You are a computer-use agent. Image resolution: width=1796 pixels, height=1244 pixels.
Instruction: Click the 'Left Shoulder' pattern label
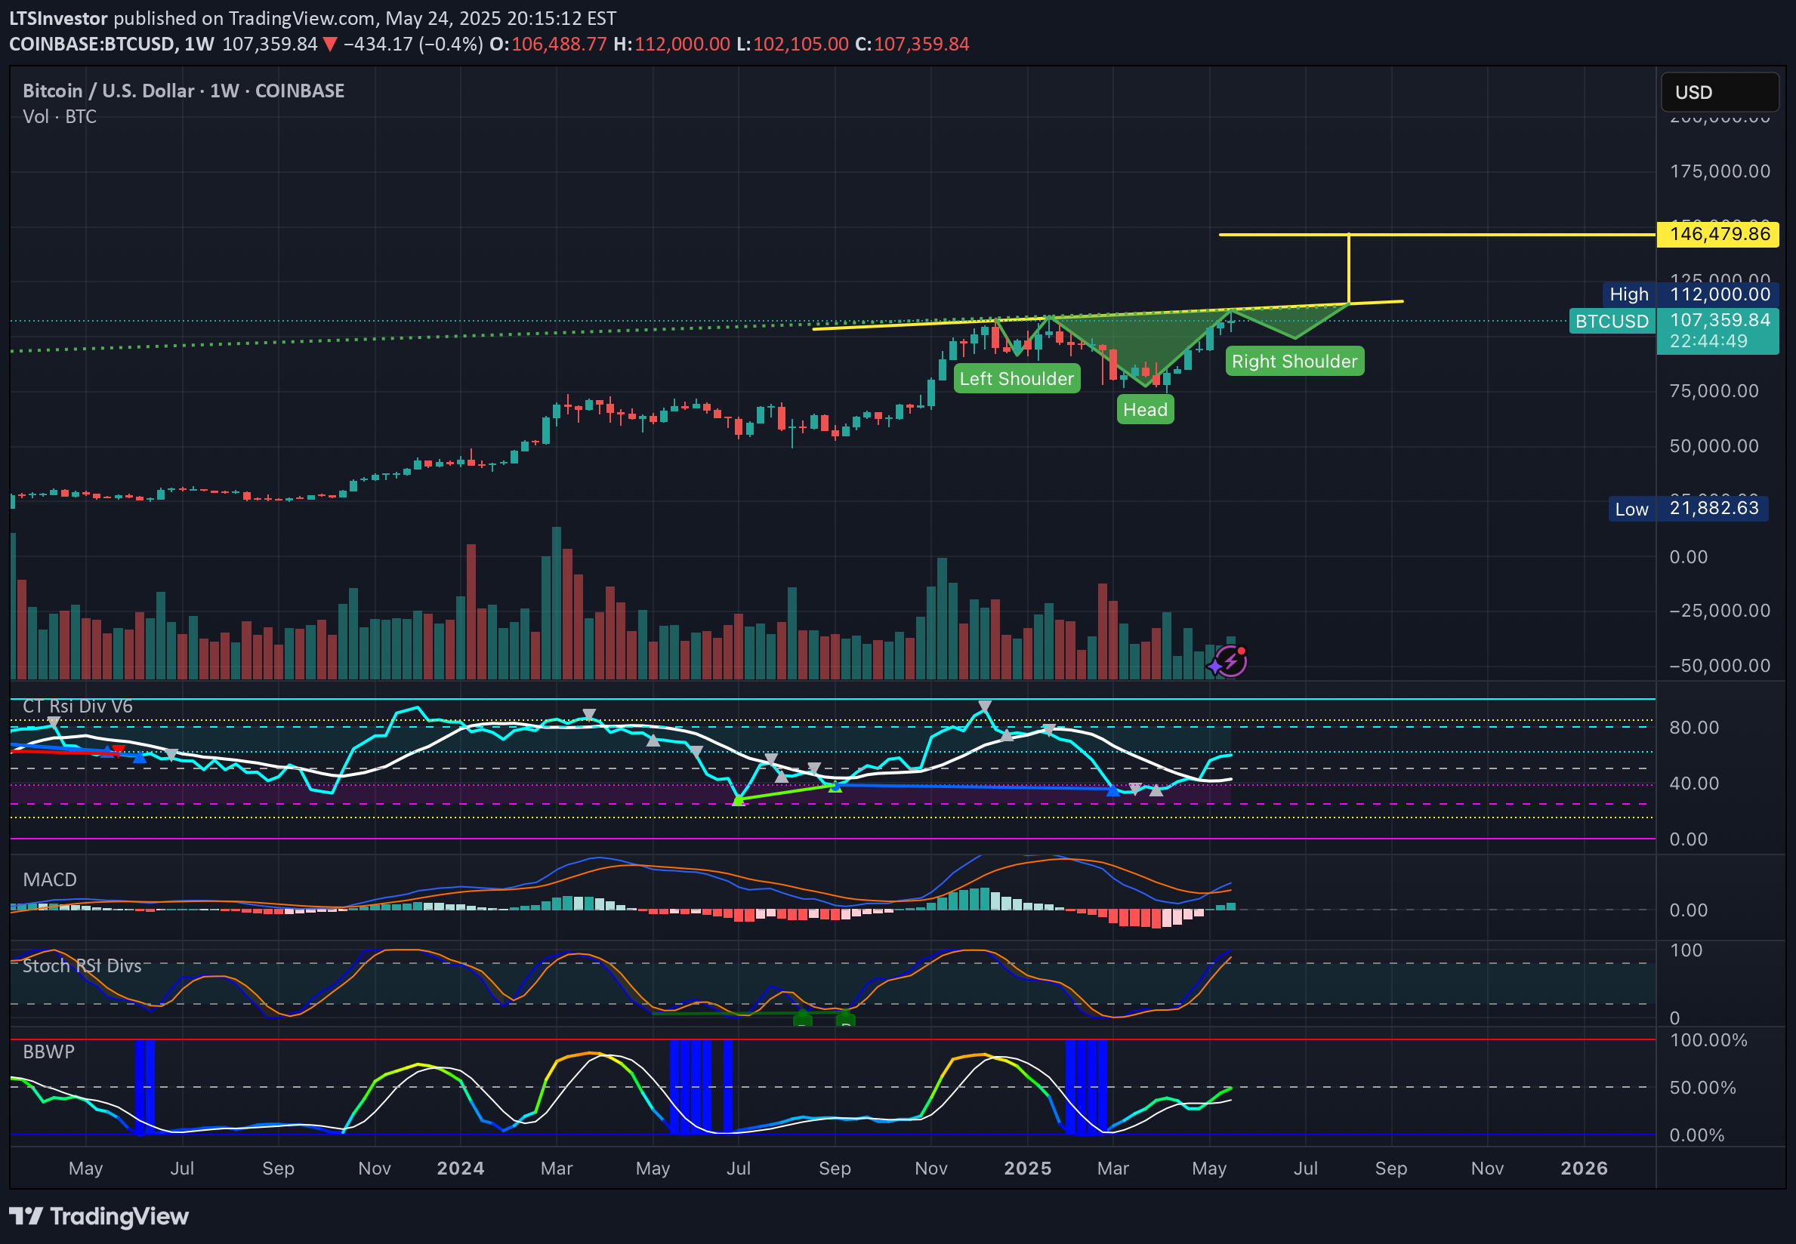point(1016,379)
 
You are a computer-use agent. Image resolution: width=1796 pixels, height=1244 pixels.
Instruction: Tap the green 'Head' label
point(1145,410)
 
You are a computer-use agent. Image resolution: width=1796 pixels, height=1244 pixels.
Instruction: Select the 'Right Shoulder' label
point(1294,362)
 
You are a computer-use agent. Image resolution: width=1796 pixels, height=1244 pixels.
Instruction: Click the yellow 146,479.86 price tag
point(1718,234)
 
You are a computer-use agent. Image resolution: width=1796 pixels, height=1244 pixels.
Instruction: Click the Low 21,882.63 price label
point(1690,508)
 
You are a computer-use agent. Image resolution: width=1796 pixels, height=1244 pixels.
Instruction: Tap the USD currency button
point(1719,93)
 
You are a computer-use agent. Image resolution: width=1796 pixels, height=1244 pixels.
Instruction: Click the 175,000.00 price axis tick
point(1720,171)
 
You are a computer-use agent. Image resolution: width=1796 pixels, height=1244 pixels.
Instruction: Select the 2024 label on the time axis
point(460,1168)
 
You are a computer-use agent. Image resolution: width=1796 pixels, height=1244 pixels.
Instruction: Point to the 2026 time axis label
point(1583,1168)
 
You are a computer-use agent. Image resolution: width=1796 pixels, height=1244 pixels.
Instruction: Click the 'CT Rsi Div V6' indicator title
point(78,707)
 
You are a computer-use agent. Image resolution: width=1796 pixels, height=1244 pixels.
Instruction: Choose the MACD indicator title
point(50,879)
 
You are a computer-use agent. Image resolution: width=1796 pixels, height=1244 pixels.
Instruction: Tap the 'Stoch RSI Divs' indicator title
point(82,965)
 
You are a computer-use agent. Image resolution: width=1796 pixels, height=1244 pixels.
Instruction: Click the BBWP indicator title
point(48,1052)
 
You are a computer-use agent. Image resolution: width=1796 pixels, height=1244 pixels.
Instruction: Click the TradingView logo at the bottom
point(99,1216)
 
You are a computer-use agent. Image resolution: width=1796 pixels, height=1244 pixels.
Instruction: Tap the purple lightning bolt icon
point(1230,662)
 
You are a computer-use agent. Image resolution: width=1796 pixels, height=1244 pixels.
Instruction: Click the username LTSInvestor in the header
point(58,18)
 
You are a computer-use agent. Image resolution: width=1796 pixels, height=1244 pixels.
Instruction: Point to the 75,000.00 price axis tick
point(1714,391)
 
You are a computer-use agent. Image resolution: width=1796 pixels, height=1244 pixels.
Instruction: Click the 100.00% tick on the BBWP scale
point(1708,1039)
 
